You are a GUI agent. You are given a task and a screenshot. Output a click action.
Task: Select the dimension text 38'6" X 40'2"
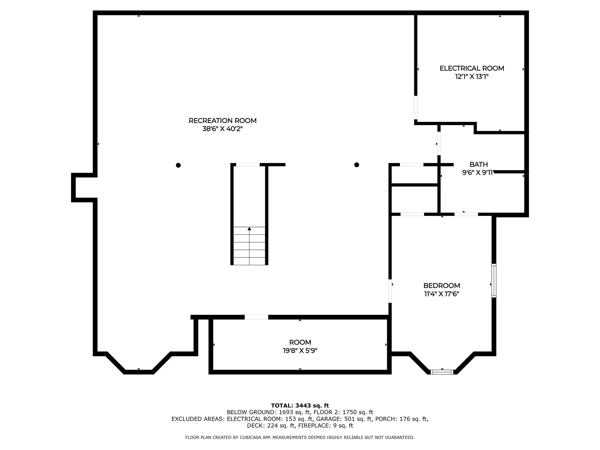(222, 129)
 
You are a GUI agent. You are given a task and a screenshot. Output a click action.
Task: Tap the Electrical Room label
(472, 68)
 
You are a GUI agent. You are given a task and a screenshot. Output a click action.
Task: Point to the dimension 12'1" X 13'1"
(472, 77)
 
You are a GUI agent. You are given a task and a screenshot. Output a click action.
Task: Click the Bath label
(478, 164)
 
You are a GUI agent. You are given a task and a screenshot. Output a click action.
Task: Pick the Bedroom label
(442, 286)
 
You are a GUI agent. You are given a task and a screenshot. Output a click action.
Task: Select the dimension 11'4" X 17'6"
(442, 294)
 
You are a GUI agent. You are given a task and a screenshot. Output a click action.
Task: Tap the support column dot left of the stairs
(178, 165)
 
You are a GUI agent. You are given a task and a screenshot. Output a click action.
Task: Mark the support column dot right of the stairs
(357, 165)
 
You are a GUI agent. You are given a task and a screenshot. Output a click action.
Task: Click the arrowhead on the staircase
(249, 229)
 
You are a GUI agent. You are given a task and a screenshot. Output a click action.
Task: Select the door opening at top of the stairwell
(248, 165)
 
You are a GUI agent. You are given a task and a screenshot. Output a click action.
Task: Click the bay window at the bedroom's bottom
(442, 372)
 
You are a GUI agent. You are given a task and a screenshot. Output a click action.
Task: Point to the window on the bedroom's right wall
(494, 280)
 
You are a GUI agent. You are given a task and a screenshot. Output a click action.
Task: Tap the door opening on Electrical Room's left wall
(416, 107)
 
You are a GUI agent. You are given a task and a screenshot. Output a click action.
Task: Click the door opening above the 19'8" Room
(256, 317)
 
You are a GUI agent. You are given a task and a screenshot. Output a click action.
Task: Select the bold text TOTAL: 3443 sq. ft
(300, 406)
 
